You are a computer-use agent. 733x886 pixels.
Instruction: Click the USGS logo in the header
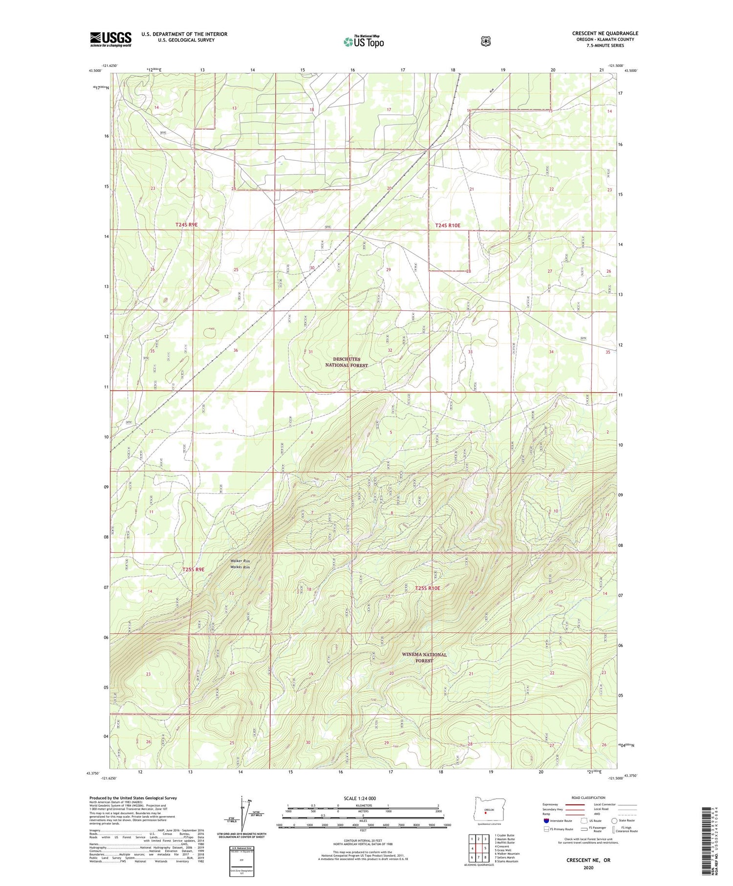(x=110, y=39)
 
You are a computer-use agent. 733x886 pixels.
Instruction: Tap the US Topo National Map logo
(x=364, y=42)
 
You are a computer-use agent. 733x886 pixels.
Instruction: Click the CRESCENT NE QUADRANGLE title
(x=605, y=33)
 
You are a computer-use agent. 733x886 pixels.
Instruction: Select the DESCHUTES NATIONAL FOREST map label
(x=346, y=362)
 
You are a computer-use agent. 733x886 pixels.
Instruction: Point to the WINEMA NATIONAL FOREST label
(x=424, y=657)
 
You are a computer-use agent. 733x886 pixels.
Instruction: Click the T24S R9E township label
(x=187, y=225)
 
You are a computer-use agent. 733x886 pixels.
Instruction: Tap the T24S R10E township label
(x=448, y=225)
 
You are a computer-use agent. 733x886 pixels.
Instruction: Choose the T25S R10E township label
(x=428, y=588)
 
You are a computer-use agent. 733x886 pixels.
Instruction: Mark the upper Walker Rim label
(x=240, y=561)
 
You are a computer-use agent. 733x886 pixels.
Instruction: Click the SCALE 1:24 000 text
(x=360, y=798)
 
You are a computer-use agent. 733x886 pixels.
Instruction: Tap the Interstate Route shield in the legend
(x=546, y=821)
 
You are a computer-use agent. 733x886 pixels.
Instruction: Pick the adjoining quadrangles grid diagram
(x=478, y=849)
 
